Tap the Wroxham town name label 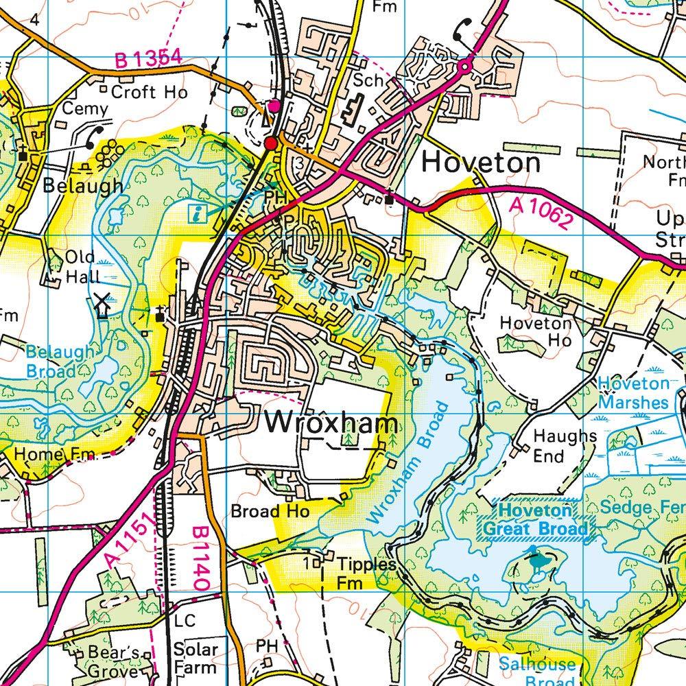tap(331, 423)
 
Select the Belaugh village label tap(83, 185)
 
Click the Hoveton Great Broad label tap(535, 520)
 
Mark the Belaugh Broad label tap(60, 362)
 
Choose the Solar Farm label tap(196, 658)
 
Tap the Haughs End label tap(556, 446)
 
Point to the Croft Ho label tap(143, 91)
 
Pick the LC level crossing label tap(185, 621)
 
